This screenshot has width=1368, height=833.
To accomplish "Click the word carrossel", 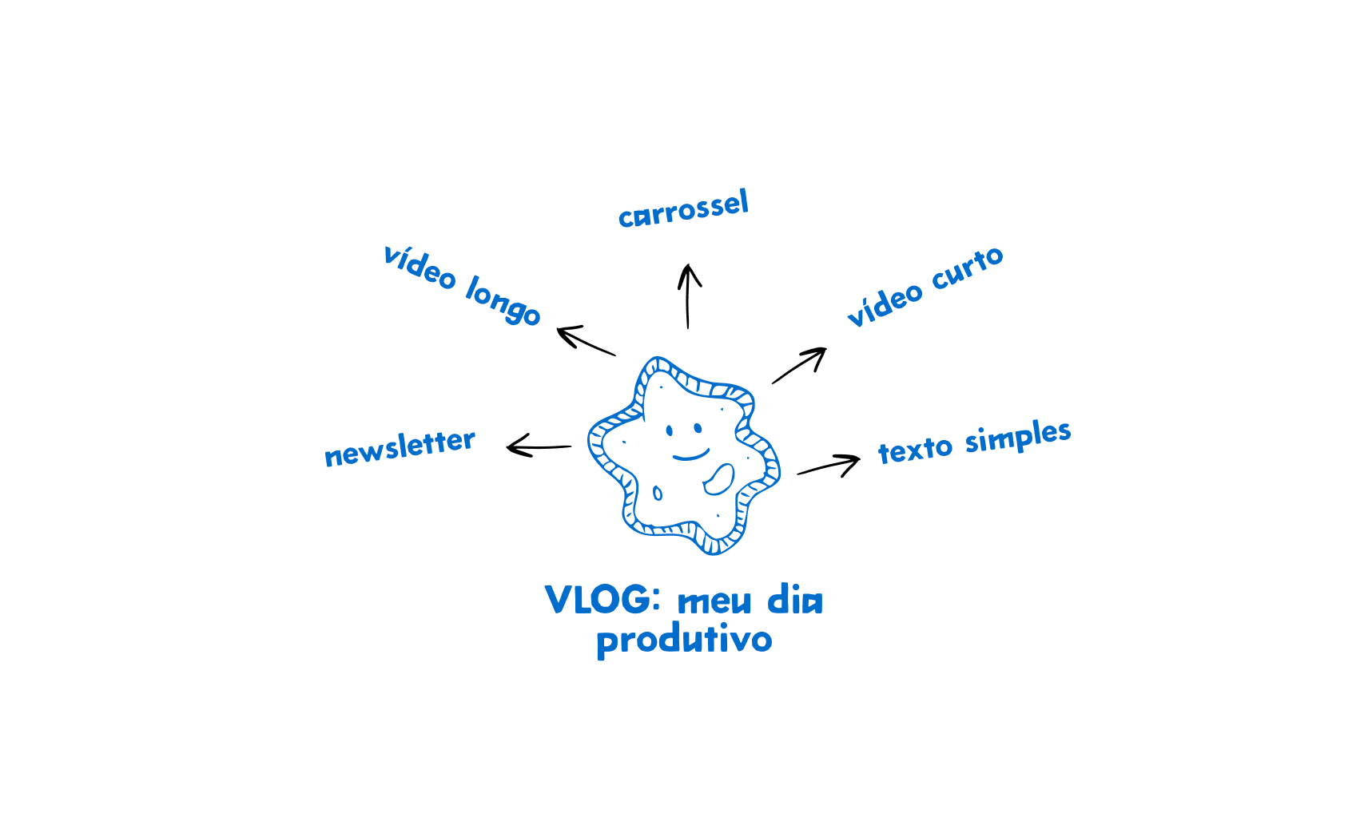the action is point(683,209).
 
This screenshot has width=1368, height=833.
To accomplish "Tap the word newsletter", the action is point(400,448).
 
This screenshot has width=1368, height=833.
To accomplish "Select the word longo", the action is point(503,300).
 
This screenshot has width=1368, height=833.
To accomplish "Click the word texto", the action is point(915,450).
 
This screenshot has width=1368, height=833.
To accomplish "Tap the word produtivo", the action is point(684,640).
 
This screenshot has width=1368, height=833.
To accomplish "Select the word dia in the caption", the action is point(794,601).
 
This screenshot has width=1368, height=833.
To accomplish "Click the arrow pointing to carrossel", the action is point(688,296).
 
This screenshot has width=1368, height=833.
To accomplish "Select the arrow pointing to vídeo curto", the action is point(799,365).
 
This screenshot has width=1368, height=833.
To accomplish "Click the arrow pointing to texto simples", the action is point(829,465).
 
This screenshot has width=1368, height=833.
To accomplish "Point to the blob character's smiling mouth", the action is point(690,456).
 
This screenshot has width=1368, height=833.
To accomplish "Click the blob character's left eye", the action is point(670,432).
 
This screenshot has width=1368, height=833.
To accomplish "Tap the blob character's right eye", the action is point(698,429).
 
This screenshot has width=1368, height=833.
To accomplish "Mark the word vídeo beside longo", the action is point(420,267).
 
